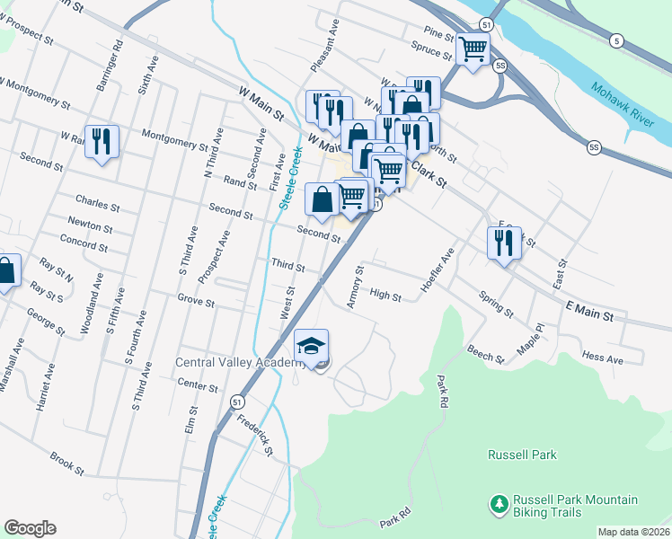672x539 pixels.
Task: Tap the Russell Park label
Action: pos(522,455)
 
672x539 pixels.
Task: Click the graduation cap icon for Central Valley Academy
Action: pos(311,346)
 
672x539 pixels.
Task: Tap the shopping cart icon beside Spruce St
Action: pos(473,49)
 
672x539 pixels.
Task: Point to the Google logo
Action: pos(30,528)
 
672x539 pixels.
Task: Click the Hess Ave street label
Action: pos(602,358)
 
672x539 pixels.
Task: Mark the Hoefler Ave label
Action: pos(438,274)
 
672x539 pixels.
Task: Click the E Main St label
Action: pos(588,312)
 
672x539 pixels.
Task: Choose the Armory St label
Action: pos(355,287)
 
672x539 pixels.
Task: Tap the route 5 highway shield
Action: pos(615,40)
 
